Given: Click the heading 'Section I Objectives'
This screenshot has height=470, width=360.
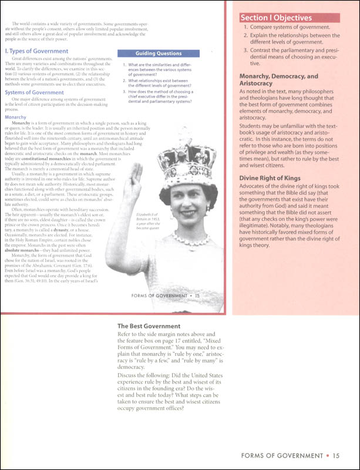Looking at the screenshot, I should click(x=280, y=17).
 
